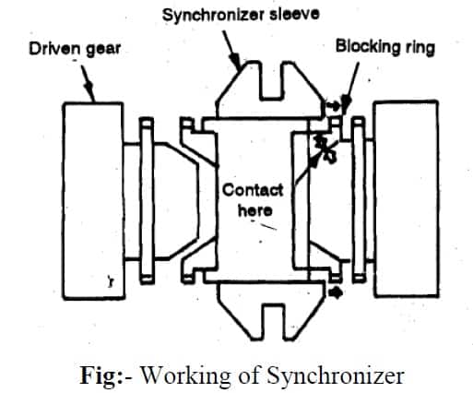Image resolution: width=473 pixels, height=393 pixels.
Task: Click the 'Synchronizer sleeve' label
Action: click(x=241, y=15)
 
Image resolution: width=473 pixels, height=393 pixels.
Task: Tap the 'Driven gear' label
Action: click(x=75, y=49)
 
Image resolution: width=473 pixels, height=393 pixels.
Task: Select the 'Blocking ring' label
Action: click(x=385, y=47)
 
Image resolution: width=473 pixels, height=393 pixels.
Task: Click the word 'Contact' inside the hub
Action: click(x=253, y=190)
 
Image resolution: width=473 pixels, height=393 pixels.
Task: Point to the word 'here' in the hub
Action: click(x=255, y=210)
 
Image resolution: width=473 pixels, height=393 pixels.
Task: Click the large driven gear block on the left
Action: click(x=93, y=201)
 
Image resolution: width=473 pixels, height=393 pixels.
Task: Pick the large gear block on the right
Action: click(x=406, y=198)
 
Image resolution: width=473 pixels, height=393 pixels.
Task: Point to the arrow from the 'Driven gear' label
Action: click(x=88, y=83)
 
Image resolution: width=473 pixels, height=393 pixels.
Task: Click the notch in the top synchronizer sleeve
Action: click(x=271, y=81)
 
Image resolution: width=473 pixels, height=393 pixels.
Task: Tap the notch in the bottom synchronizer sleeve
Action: click(x=273, y=321)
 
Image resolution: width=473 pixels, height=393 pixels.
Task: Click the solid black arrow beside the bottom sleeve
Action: click(x=336, y=292)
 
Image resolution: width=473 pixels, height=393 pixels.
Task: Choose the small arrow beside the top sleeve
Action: click(x=333, y=106)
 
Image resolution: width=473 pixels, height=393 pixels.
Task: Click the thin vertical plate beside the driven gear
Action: click(x=147, y=200)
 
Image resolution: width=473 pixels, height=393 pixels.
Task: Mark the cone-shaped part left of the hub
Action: click(x=176, y=201)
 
